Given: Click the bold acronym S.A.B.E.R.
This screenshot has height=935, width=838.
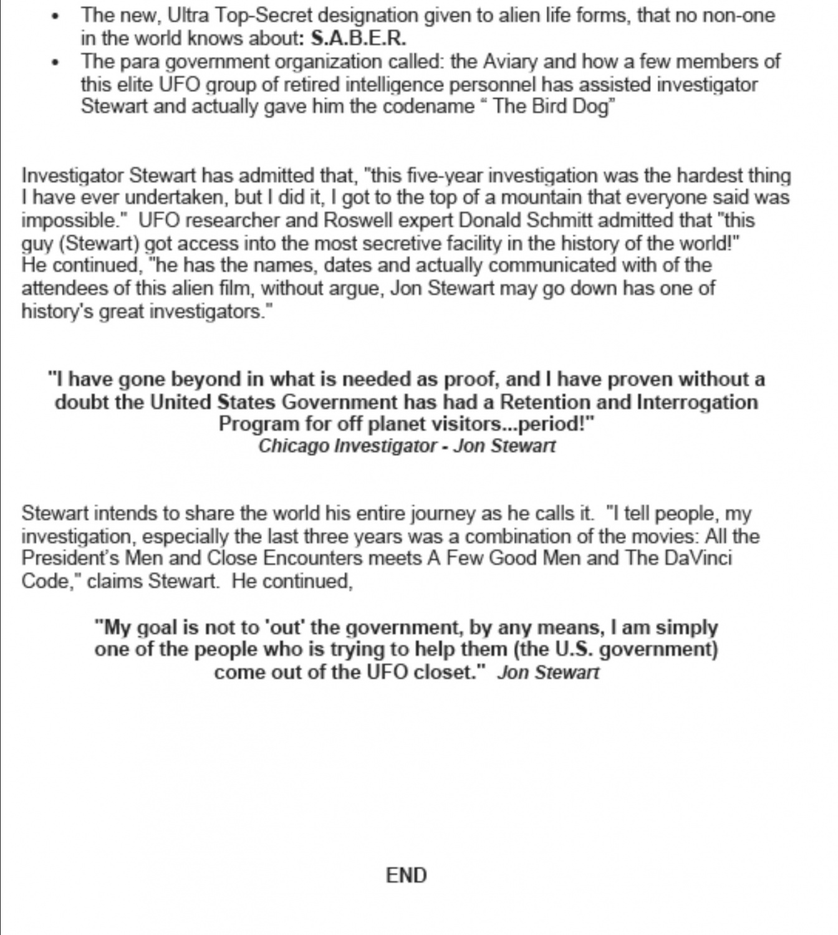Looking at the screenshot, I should [x=358, y=39].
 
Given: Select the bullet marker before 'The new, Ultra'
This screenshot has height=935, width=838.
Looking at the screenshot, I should [x=57, y=17].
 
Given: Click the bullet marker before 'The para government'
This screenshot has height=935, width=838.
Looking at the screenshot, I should [x=57, y=62].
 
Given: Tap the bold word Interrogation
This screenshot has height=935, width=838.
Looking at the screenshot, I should [x=697, y=402].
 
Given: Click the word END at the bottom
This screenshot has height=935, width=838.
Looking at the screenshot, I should [x=406, y=875].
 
